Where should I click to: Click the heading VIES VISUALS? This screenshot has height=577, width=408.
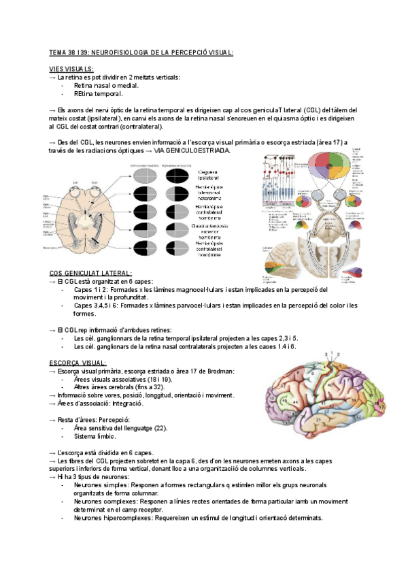[71, 69]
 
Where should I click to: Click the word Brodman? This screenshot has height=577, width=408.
[219, 371]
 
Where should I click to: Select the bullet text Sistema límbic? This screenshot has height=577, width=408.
[95, 436]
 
